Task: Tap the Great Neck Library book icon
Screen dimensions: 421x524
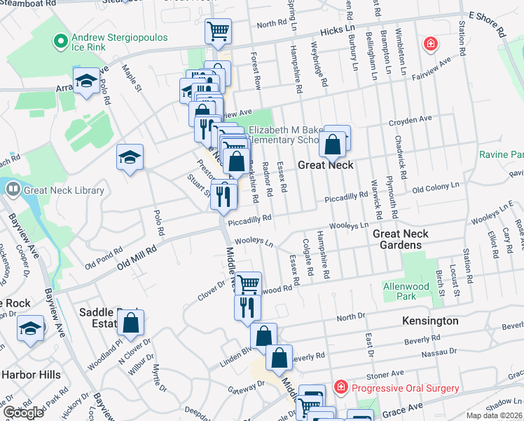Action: pos(13,189)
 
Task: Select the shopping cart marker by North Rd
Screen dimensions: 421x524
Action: pos(218,32)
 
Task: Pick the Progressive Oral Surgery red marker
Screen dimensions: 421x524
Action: pos(340,387)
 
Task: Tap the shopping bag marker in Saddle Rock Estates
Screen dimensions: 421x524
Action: pos(130,323)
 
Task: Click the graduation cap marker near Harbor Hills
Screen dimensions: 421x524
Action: pos(29,328)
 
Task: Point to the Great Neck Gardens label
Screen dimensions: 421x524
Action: pos(407,239)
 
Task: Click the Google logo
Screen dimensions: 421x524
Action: pos(23,413)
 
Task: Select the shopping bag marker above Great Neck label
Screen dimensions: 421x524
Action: pos(333,145)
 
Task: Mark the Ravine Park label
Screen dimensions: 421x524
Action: pos(501,154)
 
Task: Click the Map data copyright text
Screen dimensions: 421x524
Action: pos(494,415)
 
